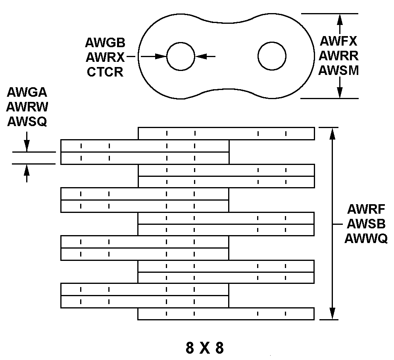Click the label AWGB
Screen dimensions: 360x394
(x=105, y=43)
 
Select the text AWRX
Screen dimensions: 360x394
(x=105, y=57)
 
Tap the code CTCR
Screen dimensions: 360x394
(x=105, y=72)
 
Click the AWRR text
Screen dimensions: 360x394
(x=338, y=55)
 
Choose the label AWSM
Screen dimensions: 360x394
(x=338, y=70)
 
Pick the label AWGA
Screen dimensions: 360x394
(x=27, y=92)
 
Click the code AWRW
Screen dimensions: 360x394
(x=27, y=107)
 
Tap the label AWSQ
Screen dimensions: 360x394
(x=27, y=122)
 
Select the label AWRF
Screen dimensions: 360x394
(x=366, y=209)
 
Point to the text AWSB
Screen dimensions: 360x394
(x=366, y=224)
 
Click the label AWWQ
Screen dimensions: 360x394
(x=366, y=239)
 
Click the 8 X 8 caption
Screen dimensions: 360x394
(x=205, y=348)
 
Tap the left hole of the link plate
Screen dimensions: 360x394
(x=181, y=57)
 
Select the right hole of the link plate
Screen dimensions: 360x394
(x=272, y=56)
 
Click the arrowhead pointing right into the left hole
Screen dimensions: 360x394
(x=161, y=57)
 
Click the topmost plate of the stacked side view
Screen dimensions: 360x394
(x=226, y=133)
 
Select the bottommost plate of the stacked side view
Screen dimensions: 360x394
(x=226, y=314)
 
